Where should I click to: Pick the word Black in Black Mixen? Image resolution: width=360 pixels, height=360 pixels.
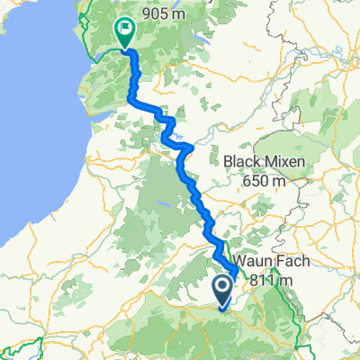pyautogui.click(x=243, y=163)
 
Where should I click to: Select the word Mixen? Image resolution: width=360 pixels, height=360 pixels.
pyautogui.click(x=283, y=163)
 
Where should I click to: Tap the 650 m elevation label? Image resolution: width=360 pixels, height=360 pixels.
pyautogui.click(x=265, y=181)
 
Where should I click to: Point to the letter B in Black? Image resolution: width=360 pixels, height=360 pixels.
pyautogui.click(x=227, y=163)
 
